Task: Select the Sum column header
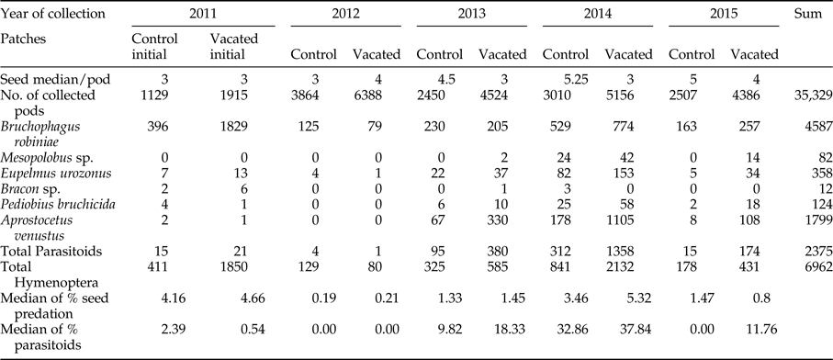pyautogui.click(x=805, y=15)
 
